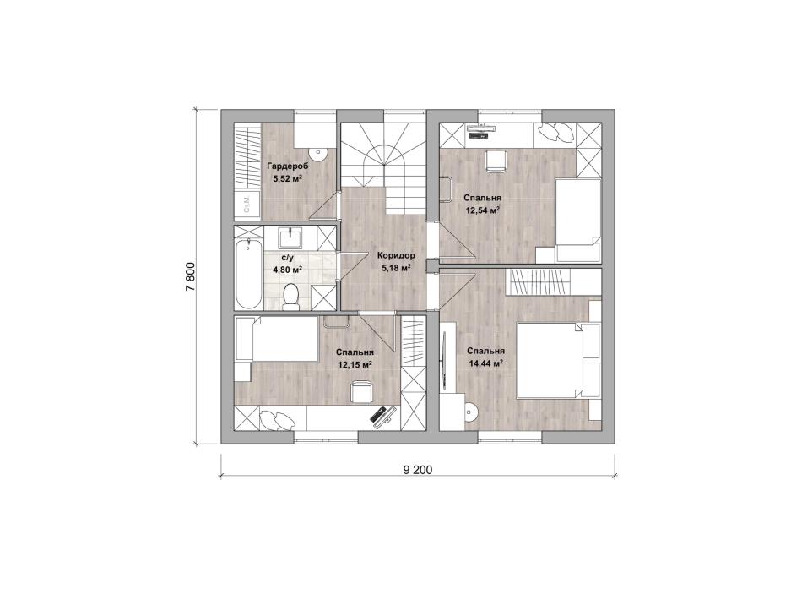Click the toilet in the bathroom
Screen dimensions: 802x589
pyautogui.click(x=291, y=297)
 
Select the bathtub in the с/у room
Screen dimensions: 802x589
pyautogui.click(x=248, y=273)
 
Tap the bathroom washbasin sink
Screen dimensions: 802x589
pyautogui.click(x=291, y=237)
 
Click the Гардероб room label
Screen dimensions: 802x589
pyautogui.click(x=287, y=166)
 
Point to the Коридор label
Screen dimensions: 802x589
pyautogui.click(x=396, y=255)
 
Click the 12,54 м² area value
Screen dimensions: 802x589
pyautogui.click(x=482, y=210)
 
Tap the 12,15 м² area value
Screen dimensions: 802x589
pyautogui.click(x=355, y=365)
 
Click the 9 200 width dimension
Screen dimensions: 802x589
pyautogui.click(x=418, y=470)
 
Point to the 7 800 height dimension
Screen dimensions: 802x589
pyautogui.click(x=190, y=277)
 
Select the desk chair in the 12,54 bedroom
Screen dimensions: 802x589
pyautogui.click(x=495, y=161)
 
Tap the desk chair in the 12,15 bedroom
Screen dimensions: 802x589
pyautogui.click(x=361, y=392)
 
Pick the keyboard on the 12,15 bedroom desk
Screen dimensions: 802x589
pyautogui.click(x=380, y=414)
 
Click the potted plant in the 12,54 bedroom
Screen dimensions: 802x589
pyautogui.click(x=557, y=133)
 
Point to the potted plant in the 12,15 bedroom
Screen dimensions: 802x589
pyautogui.click(x=278, y=421)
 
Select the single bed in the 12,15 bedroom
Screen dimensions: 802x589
pyautogui.click(x=277, y=339)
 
